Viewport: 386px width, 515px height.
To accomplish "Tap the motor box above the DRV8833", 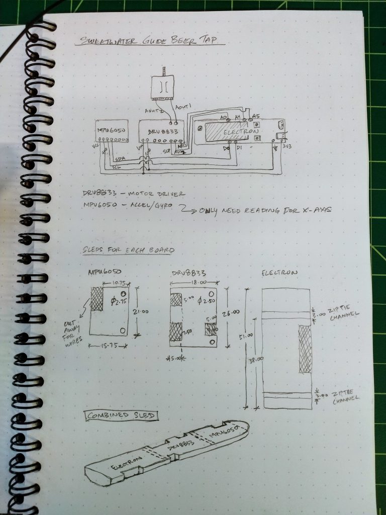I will coord(163,89).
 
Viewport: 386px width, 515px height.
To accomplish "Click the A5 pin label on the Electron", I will coord(256,116).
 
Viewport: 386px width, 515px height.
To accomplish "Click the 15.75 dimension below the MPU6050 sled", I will coord(109,346).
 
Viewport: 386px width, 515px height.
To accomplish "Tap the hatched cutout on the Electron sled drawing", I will coord(305,349).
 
